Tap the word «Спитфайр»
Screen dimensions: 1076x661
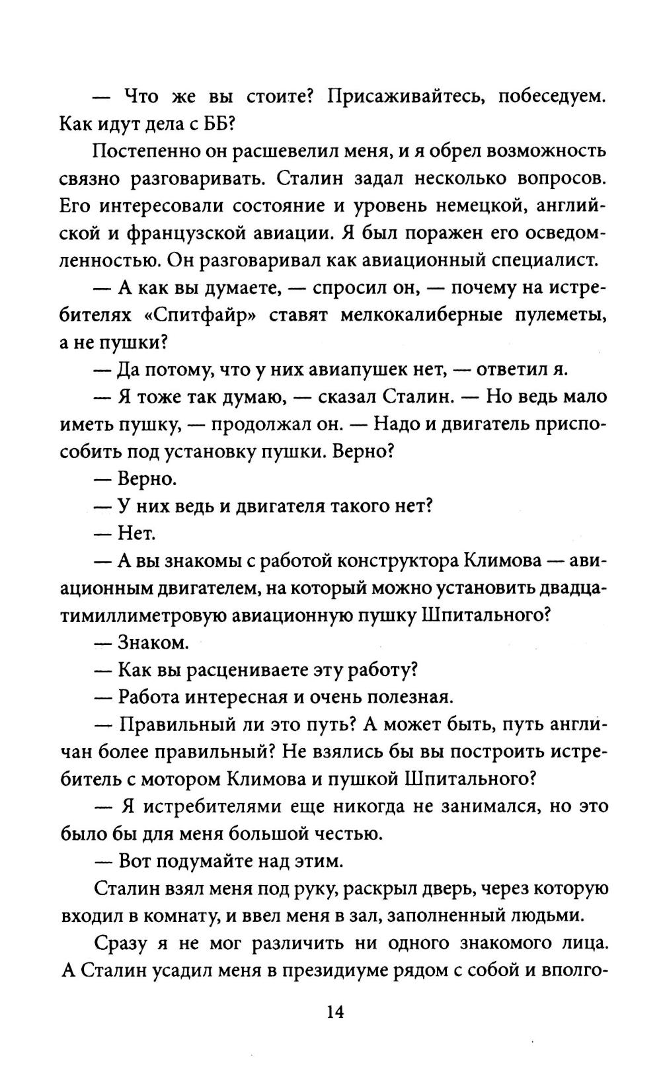pos(200,315)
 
